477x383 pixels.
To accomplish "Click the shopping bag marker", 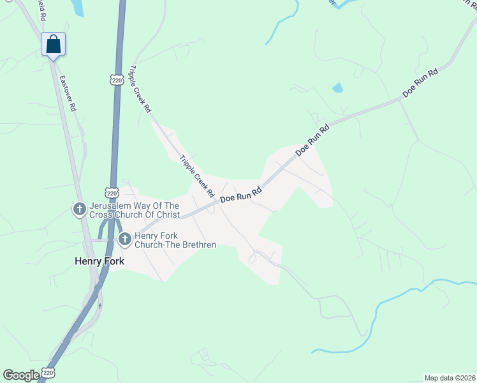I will pyautogui.click(x=54, y=44).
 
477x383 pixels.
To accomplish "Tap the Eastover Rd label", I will pyautogui.click(x=67, y=94).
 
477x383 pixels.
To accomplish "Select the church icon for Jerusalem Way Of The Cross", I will pyautogui.click(x=80, y=209).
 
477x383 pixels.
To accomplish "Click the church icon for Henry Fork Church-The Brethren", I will pyautogui.click(x=125, y=240).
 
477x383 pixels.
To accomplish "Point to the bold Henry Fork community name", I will pyautogui.click(x=99, y=261).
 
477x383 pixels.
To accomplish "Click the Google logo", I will pyautogui.click(x=21, y=375).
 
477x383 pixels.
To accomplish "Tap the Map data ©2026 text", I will pyautogui.click(x=450, y=378).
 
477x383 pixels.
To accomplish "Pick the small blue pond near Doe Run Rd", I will pyautogui.click(x=337, y=88).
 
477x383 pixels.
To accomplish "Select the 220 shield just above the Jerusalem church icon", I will pyautogui.click(x=112, y=192).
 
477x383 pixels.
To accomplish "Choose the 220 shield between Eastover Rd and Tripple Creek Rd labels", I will pyautogui.click(x=115, y=80).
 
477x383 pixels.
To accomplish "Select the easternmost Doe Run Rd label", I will pyautogui.click(x=420, y=83).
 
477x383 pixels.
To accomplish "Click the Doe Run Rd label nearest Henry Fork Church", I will pyautogui.click(x=241, y=195).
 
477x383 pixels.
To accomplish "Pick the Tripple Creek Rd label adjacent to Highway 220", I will pyautogui.click(x=140, y=89).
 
